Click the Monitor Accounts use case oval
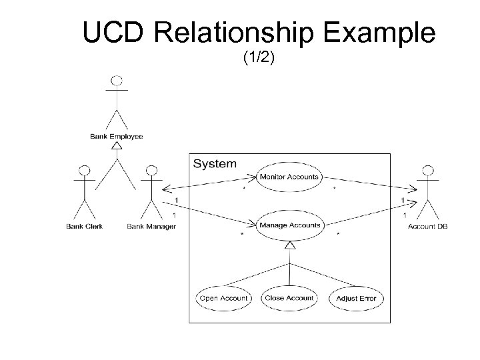(289, 177)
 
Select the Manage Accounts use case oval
(289, 225)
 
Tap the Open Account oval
(223, 298)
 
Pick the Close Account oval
(289, 298)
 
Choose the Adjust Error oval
(356, 298)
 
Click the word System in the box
(214, 163)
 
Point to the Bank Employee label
(117, 137)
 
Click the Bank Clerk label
(84, 227)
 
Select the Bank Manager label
(151, 227)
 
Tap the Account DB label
(427, 227)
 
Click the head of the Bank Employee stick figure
(117, 81)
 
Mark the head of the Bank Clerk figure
(84, 171)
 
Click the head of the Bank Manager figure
(151, 171)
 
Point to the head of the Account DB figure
(427, 171)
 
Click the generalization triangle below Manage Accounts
(289, 246)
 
